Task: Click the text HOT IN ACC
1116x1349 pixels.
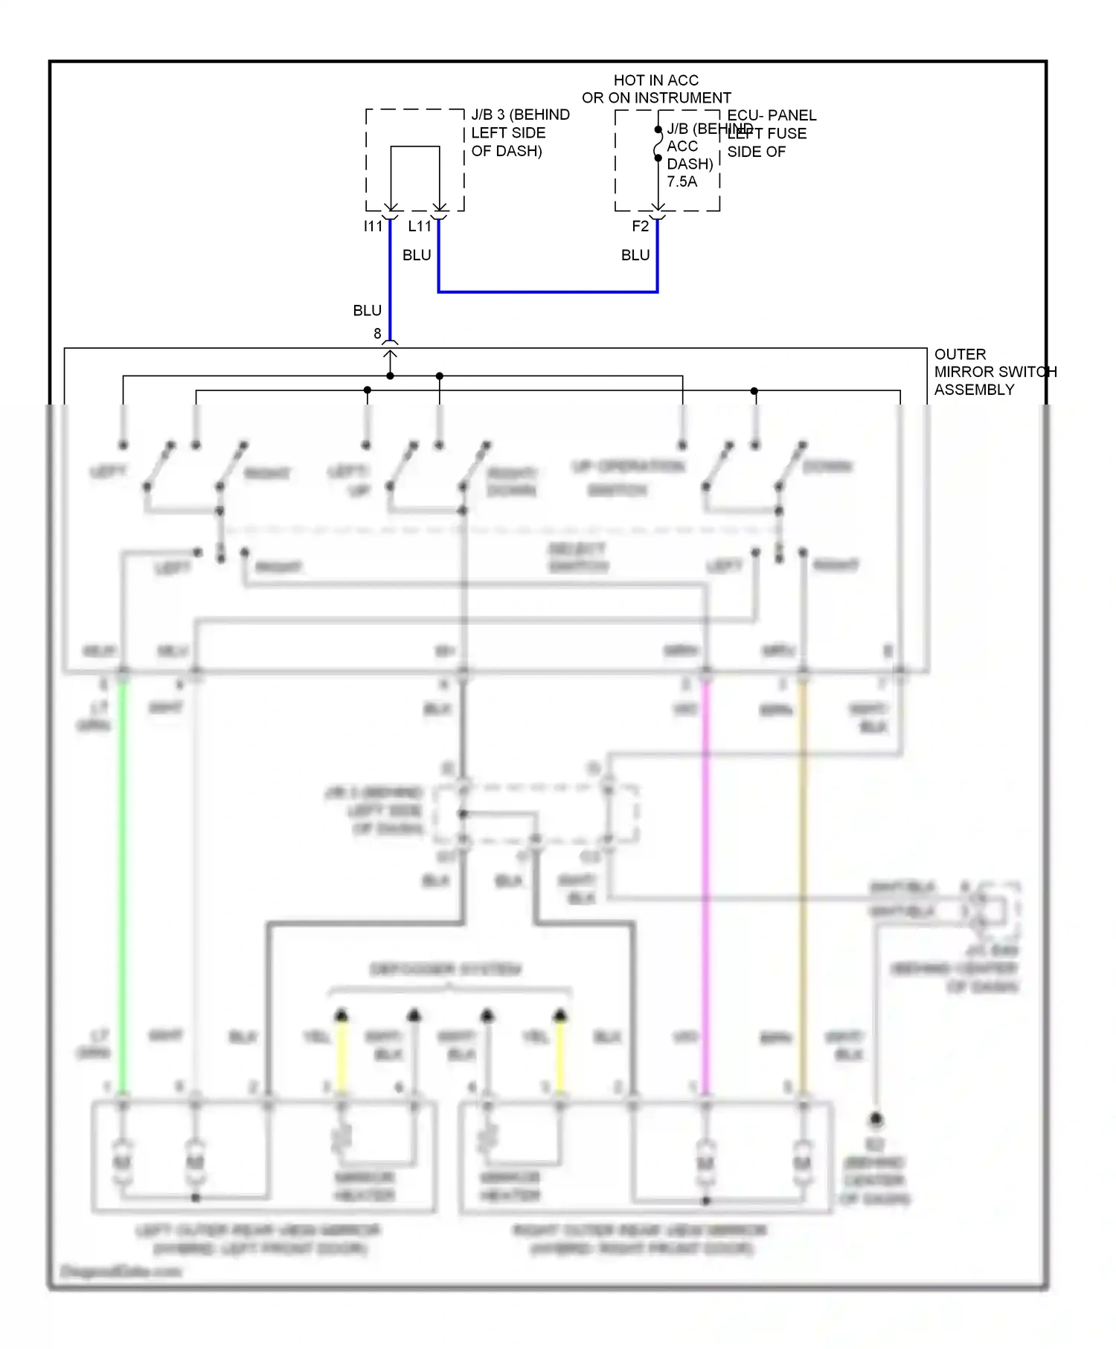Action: [x=655, y=80]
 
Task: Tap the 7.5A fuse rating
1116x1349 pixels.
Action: [x=682, y=181]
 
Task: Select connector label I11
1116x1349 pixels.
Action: [x=373, y=226]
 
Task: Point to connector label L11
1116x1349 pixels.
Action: [x=420, y=226]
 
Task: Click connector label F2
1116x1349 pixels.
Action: [x=640, y=226]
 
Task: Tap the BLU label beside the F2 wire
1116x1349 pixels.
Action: [x=635, y=255]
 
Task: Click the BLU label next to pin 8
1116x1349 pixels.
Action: [x=367, y=311]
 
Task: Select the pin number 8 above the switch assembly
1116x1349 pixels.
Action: [x=377, y=334]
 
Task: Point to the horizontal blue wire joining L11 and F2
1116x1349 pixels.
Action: [x=548, y=292]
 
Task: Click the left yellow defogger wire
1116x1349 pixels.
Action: [x=341, y=1056]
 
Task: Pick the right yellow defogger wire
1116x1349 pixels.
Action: [x=561, y=1056]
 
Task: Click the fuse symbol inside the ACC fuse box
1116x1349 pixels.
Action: [x=658, y=144]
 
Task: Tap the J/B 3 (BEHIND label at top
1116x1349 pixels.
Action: [x=520, y=115]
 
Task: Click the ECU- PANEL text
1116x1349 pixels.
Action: [x=772, y=115]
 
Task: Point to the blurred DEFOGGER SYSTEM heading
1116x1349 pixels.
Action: [x=446, y=969]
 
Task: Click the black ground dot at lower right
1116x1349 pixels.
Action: [x=876, y=1118]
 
